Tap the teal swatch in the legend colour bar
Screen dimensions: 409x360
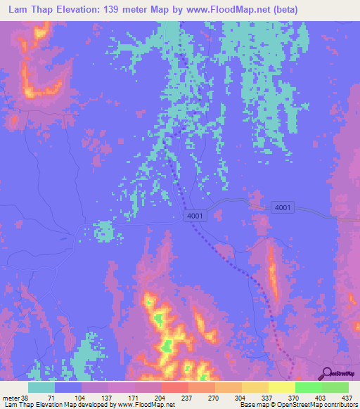coord(41,387)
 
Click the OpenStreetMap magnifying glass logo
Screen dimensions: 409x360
coord(325,373)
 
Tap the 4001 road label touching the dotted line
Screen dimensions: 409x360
coord(196,216)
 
